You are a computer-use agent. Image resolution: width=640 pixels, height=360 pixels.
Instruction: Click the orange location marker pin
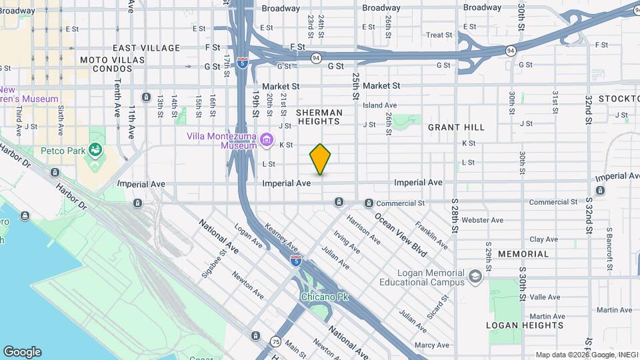point(320,159)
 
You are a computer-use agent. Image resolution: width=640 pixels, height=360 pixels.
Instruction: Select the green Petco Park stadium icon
point(97,151)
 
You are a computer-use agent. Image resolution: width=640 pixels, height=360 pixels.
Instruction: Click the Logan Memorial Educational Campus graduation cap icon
point(475,277)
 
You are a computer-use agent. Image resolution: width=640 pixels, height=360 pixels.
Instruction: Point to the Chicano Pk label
point(325,296)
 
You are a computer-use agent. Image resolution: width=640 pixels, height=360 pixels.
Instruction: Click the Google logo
point(22,352)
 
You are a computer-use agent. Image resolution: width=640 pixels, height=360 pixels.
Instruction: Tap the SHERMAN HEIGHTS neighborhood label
point(319,117)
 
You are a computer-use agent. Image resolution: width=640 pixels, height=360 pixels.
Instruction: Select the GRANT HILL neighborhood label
point(456,127)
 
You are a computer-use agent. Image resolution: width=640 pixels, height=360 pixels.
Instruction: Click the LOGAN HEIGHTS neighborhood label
point(525,325)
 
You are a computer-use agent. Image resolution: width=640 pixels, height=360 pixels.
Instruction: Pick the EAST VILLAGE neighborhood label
point(146,48)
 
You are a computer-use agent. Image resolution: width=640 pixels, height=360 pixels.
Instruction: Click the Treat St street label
point(439,35)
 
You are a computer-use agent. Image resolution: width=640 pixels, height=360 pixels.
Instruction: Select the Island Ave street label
point(379,105)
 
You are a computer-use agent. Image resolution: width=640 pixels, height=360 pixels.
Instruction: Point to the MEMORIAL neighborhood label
point(523,254)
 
